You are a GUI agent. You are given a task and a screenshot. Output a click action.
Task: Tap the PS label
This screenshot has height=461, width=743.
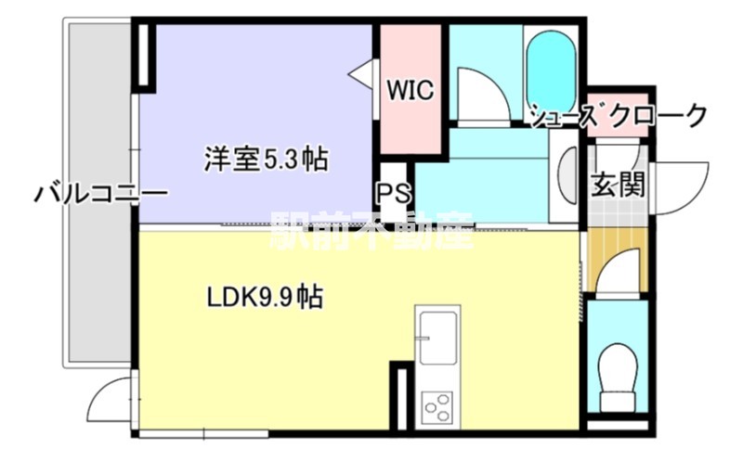coord(390,194)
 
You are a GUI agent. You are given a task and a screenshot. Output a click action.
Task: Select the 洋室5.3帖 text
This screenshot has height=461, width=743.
coord(266,159)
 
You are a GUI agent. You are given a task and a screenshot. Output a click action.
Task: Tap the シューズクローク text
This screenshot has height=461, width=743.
coord(619,116)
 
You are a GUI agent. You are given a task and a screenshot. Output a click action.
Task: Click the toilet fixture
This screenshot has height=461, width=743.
coord(617,378)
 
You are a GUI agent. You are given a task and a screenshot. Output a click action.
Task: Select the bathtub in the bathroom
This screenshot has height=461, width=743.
coord(552,70)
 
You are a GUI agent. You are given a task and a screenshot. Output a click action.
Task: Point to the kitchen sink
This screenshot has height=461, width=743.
coord(437,339)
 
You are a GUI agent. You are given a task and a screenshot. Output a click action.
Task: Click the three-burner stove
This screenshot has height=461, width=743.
coord(437,406)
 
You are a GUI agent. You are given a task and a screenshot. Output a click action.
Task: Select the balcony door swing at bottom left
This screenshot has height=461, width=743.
coord(109,401)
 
